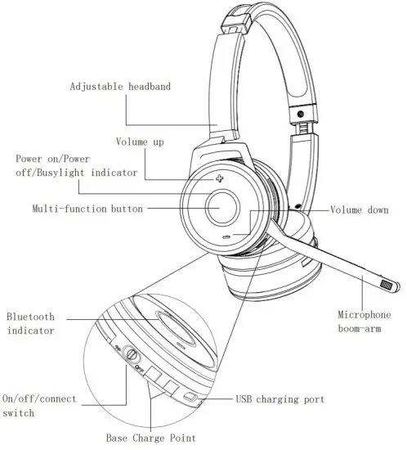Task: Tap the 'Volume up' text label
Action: point(140,142)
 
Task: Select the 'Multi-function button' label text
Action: point(87,209)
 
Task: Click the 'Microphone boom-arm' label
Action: point(365,322)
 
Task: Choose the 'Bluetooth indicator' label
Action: point(31,323)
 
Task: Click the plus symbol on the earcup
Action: point(220,178)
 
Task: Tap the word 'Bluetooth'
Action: point(31,316)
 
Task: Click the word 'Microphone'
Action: point(365,315)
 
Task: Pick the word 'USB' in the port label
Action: point(244,399)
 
